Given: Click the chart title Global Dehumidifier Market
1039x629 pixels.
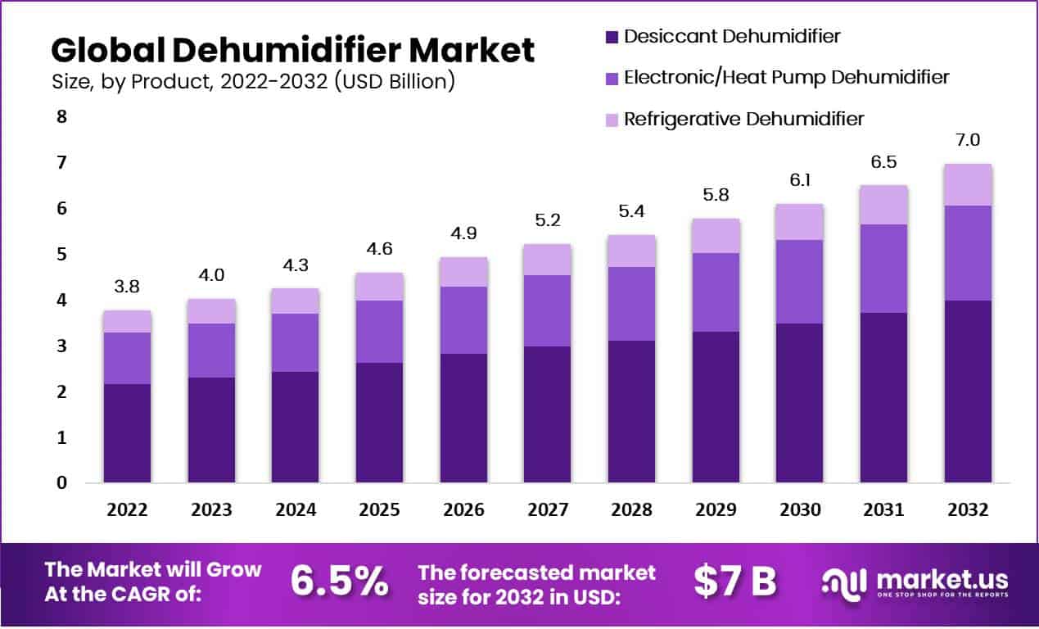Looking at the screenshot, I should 292,51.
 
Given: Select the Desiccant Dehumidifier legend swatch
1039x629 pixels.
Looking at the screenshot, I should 610,37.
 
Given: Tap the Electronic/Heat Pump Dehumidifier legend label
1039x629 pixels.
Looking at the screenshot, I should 786,77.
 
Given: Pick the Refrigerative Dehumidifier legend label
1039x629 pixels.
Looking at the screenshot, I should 743,119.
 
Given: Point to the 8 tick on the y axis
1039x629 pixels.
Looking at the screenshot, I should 61,117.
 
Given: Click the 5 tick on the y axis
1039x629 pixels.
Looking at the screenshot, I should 61,256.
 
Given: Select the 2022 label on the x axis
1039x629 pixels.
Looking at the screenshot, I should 127,509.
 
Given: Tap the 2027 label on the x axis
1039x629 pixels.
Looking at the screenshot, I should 548,509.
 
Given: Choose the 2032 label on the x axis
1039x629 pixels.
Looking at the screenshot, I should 968,509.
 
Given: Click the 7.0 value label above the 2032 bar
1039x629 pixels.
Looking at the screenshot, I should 968,140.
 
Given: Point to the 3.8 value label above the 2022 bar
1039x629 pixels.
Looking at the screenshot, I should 127,287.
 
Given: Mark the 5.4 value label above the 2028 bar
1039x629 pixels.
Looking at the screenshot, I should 631,211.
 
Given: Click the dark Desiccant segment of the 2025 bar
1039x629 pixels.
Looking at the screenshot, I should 379,422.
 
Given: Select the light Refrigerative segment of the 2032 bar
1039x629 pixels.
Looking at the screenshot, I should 968,184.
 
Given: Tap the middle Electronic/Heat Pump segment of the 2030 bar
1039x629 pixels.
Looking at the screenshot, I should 800,281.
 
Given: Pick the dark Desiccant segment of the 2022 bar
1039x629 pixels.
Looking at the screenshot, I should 127,432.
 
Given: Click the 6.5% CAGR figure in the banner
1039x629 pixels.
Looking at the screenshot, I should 340,581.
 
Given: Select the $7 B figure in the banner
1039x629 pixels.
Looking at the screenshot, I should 734,581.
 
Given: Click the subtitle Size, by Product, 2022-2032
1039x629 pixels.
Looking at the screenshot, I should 253,82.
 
